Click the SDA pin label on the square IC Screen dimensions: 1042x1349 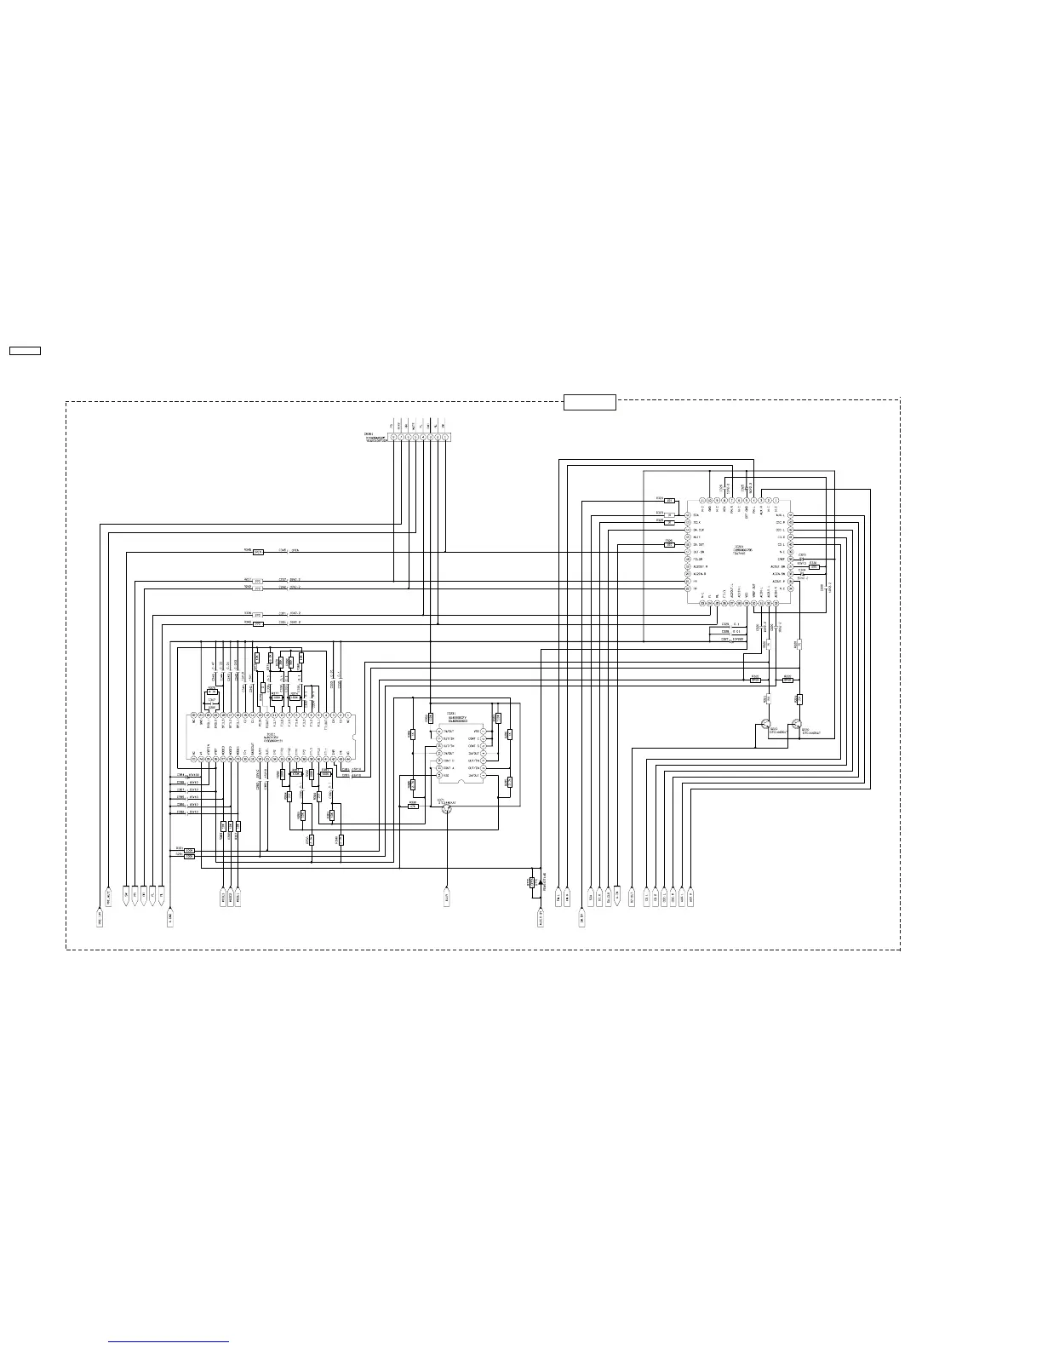(696, 515)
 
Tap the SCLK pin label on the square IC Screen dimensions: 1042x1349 (696, 523)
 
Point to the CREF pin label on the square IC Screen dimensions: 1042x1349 (781, 560)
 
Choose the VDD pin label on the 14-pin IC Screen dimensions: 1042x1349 (475, 731)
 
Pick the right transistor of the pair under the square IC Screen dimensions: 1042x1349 (796, 726)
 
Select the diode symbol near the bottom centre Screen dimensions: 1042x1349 (541, 883)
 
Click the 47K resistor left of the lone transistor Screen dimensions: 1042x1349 (413, 806)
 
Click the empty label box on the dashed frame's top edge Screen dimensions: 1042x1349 (589, 402)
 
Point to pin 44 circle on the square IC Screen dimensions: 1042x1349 (703, 500)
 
